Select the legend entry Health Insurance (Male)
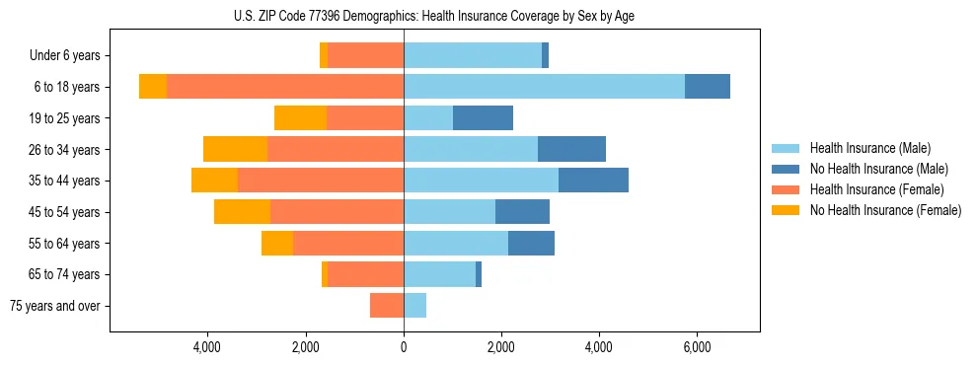tap(868, 148)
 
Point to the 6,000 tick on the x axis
tap(697, 347)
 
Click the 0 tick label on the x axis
tap(404, 347)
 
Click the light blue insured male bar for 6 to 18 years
tap(544, 87)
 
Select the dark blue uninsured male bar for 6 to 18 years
tap(708, 87)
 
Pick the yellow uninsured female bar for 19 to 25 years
tap(300, 118)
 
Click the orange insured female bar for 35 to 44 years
tap(321, 181)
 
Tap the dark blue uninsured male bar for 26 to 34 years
tap(571, 149)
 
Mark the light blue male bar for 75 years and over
tap(414, 306)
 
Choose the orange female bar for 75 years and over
tap(387, 306)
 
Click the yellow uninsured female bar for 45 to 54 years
tap(242, 212)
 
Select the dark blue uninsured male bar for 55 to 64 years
tap(531, 243)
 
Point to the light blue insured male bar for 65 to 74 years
tap(439, 274)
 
